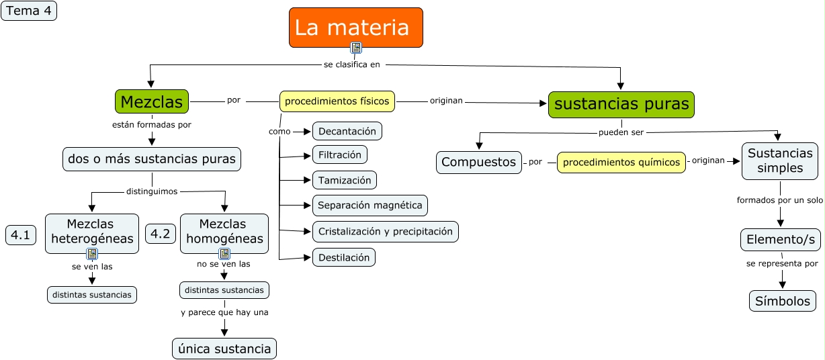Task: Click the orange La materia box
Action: tap(356, 28)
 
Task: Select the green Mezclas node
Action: tap(152, 101)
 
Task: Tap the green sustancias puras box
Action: tap(621, 105)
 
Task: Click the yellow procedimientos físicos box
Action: tap(337, 101)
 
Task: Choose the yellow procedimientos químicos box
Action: tap(621, 163)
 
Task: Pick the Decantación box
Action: tap(347, 131)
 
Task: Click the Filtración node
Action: tap(339, 154)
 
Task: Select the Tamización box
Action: tap(345, 180)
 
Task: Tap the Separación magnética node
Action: tap(370, 205)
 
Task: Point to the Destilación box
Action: tap(343, 257)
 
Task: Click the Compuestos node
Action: tap(479, 162)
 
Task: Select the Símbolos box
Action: tap(783, 301)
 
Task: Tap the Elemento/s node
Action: tap(781, 240)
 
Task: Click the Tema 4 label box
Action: tap(29, 11)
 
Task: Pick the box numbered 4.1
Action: tap(21, 235)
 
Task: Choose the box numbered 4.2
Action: tap(160, 234)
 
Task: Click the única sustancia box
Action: tap(224, 349)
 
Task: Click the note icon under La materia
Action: tap(356, 48)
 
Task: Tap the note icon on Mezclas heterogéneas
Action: tap(92, 254)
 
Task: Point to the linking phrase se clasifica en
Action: tap(352, 64)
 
